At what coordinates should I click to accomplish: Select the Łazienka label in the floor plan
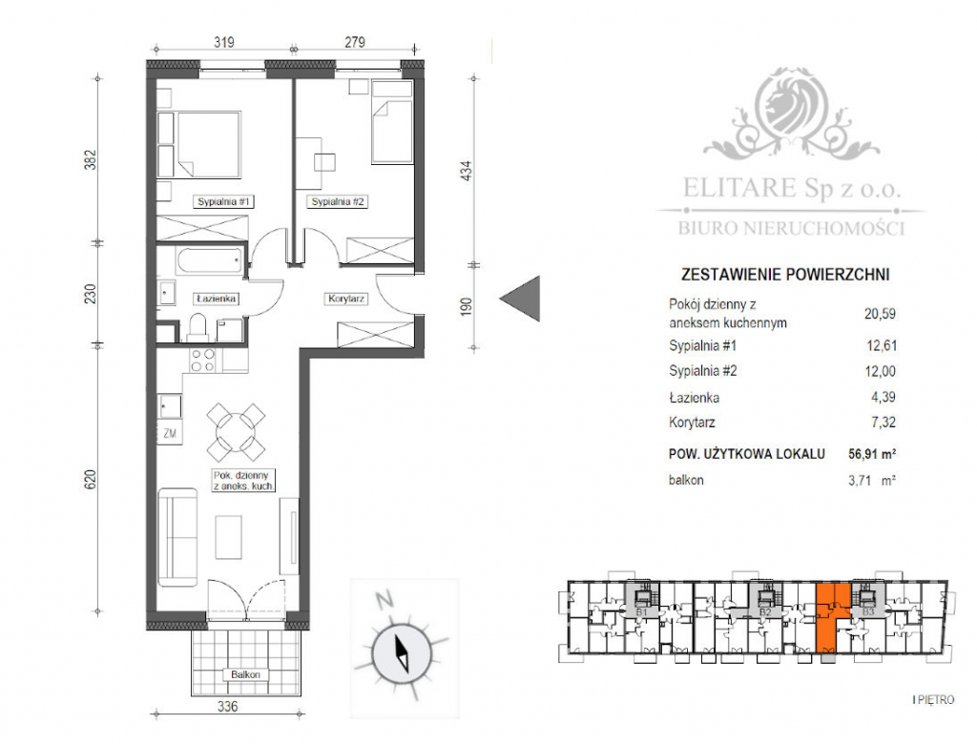click(x=216, y=298)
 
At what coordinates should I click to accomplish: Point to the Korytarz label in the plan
click(x=347, y=298)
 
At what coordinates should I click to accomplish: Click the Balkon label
click(x=246, y=674)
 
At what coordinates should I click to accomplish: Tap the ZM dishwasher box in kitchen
click(x=171, y=434)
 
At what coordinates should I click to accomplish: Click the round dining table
click(x=236, y=430)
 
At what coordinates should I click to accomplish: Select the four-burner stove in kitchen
click(x=203, y=361)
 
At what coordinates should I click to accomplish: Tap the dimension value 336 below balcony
click(x=225, y=708)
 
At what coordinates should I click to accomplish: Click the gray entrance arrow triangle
click(x=523, y=298)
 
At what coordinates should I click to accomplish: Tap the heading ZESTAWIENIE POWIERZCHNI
click(x=784, y=274)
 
